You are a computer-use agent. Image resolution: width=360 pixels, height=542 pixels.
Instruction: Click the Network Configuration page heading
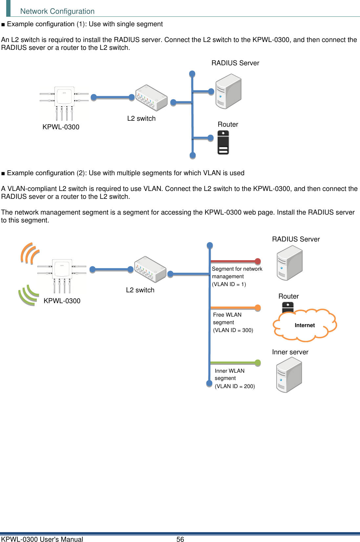(x=57, y=11)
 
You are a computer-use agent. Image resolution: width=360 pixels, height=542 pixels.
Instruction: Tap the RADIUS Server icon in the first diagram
(x=228, y=92)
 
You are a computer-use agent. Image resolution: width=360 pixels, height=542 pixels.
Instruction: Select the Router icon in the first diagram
(x=223, y=142)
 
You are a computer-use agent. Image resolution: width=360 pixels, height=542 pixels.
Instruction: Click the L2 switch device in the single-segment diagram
(x=152, y=98)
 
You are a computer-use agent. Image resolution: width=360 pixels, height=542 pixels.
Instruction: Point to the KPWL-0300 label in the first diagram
(x=61, y=127)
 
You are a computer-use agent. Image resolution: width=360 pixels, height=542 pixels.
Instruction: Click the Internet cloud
(x=305, y=325)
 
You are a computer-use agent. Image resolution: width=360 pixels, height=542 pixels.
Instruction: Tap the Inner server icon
(x=289, y=375)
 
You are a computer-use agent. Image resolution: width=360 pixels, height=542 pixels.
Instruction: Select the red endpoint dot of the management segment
(x=258, y=261)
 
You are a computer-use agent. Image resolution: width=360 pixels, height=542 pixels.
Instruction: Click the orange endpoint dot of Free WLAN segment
(x=258, y=308)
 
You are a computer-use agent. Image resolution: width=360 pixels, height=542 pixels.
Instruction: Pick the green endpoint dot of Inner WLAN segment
(x=258, y=363)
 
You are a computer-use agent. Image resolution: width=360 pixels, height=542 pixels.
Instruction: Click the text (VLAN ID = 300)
(x=233, y=330)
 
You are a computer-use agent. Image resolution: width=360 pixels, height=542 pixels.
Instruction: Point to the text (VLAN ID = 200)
(x=235, y=386)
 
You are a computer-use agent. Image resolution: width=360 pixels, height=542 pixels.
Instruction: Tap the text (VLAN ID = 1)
(x=229, y=284)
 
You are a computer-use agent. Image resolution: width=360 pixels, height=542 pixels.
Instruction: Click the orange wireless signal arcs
(x=30, y=253)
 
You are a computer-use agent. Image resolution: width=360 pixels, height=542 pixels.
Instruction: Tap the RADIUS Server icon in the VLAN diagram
(x=289, y=263)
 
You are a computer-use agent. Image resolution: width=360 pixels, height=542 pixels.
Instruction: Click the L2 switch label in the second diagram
(x=140, y=290)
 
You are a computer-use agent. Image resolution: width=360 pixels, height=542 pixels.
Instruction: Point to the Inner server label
(x=290, y=352)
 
